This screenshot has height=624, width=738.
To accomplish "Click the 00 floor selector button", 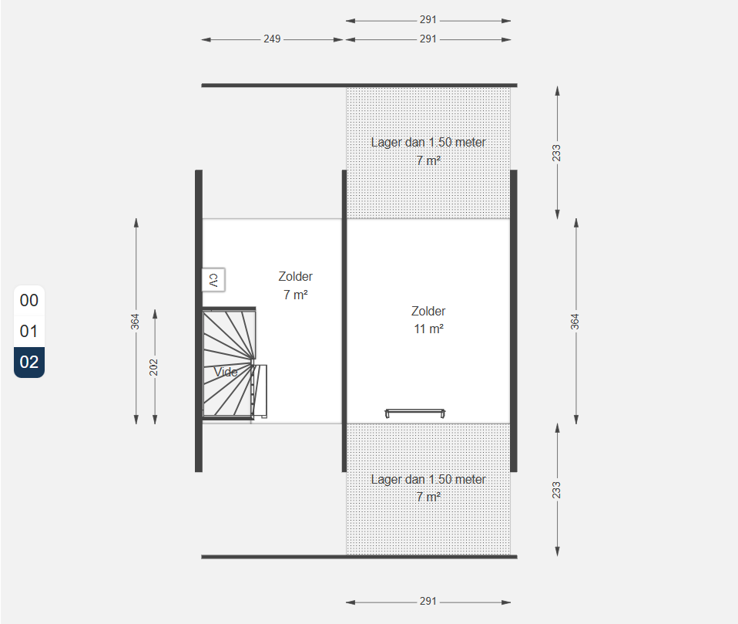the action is tap(29, 300).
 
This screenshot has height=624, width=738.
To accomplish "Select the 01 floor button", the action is tap(29, 332).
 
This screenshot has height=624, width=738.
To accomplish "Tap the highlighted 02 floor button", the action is tap(29, 362).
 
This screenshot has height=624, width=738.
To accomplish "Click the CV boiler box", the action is tap(213, 280).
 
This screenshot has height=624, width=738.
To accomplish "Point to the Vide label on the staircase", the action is tap(226, 372).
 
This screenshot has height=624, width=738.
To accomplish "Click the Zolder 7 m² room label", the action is tap(296, 285).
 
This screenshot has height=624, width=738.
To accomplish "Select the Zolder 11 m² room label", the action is tap(428, 320).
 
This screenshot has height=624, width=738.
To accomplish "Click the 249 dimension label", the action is tap(272, 39).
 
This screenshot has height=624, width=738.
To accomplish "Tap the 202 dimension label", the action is tap(153, 368).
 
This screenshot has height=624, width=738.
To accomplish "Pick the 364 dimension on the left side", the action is tap(135, 322).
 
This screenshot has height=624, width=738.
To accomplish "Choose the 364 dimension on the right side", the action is tap(575, 322).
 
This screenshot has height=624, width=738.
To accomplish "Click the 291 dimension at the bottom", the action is tap(428, 602).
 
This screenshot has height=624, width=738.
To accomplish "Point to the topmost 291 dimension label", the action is tap(428, 20).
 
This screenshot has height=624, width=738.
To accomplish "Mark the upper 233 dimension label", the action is tap(556, 153).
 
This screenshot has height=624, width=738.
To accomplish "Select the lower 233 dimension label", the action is tap(556, 490).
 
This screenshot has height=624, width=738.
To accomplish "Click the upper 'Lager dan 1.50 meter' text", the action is tap(428, 143).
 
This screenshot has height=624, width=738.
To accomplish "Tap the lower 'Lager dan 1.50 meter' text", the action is tap(428, 479).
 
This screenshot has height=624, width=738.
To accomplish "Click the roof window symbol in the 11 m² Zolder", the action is tap(415, 413).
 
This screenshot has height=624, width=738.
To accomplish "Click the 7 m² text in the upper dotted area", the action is tap(429, 160).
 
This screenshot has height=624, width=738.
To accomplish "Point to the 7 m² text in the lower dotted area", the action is tap(429, 498).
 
